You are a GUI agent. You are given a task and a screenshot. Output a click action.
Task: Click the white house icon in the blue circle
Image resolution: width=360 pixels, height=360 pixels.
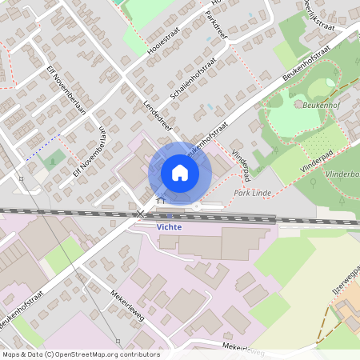(180, 173)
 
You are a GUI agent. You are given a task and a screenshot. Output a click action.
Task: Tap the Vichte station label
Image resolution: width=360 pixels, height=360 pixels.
(169, 227)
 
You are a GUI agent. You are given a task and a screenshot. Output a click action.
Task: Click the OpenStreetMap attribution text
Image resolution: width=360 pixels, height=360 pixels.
(80, 354)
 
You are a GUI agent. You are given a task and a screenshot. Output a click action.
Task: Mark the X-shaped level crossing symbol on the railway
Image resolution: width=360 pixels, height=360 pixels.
(141, 214)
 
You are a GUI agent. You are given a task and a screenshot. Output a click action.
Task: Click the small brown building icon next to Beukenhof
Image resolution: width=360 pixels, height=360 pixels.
(298, 104)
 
